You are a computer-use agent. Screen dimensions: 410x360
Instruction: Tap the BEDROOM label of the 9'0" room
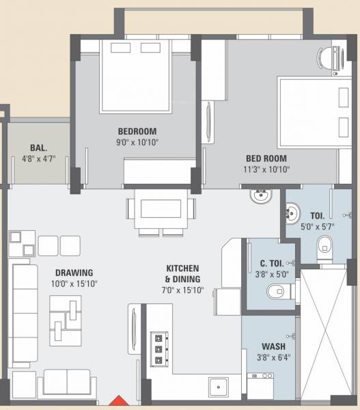[x=137, y=131]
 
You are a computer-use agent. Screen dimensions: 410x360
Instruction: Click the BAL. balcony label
[x=38, y=148]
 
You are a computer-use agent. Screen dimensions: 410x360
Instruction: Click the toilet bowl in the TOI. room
[x=322, y=247]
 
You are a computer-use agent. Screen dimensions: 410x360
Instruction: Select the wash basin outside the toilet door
[x=260, y=196]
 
